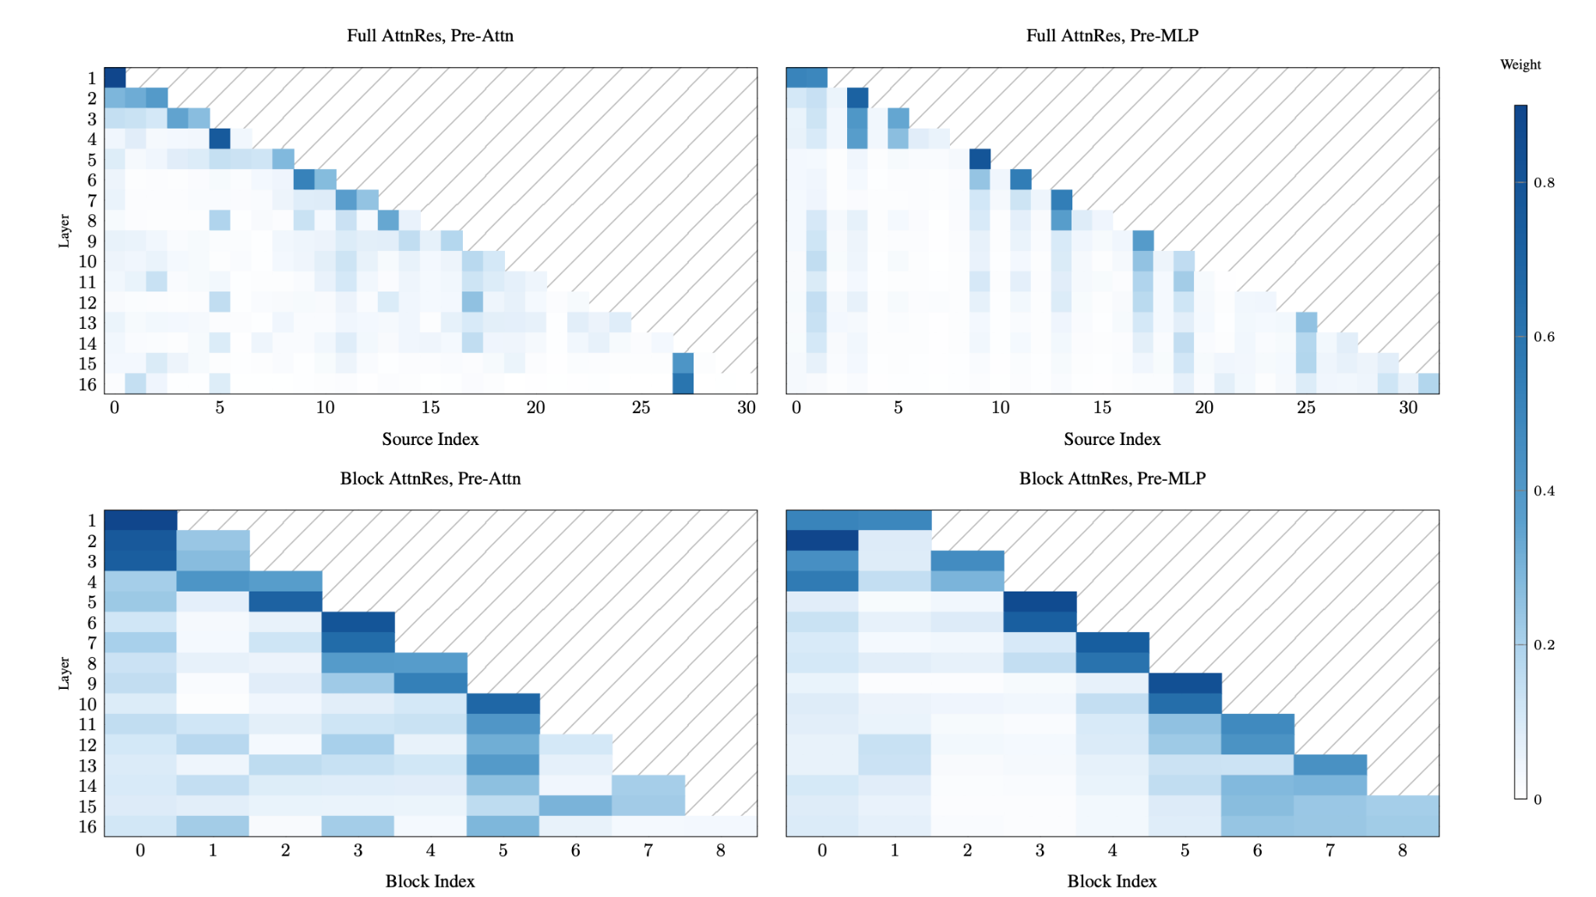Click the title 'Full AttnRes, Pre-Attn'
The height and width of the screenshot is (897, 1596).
[x=430, y=36]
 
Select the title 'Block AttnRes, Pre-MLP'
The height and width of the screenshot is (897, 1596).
[x=1112, y=479]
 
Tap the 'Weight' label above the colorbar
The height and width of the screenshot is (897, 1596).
[x=1520, y=65]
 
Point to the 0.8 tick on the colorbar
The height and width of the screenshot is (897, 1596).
[x=1544, y=183]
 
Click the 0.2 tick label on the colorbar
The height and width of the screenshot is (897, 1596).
[x=1544, y=645]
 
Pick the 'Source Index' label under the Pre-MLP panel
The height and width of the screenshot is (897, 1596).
[x=1112, y=440]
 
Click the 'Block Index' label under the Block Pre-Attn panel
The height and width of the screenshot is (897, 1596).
[x=430, y=881]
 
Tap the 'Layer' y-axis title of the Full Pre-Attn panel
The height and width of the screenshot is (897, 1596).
[x=64, y=231]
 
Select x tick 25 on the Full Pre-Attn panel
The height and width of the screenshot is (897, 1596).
[x=641, y=408]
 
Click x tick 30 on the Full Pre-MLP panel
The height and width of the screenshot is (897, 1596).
[x=1407, y=408]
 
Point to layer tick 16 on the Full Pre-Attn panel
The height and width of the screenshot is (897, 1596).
[x=87, y=384]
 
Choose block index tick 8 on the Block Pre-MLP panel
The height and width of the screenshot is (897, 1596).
[x=1403, y=850]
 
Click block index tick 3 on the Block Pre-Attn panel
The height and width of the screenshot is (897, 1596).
[x=358, y=850]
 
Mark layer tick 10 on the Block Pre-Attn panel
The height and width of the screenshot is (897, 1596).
[x=87, y=705]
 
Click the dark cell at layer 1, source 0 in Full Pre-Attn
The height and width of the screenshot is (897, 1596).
[x=115, y=78]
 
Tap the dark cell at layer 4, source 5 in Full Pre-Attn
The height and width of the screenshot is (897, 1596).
[x=220, y=139]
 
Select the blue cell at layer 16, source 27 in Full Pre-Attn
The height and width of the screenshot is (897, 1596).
[x=683, y=383]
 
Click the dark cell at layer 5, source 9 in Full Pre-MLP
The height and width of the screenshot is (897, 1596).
[x=980, y=159]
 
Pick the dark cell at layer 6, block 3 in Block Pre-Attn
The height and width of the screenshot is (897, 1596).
[x=358, y=623]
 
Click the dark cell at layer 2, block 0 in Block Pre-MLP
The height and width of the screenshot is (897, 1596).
[x=822, y=541]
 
